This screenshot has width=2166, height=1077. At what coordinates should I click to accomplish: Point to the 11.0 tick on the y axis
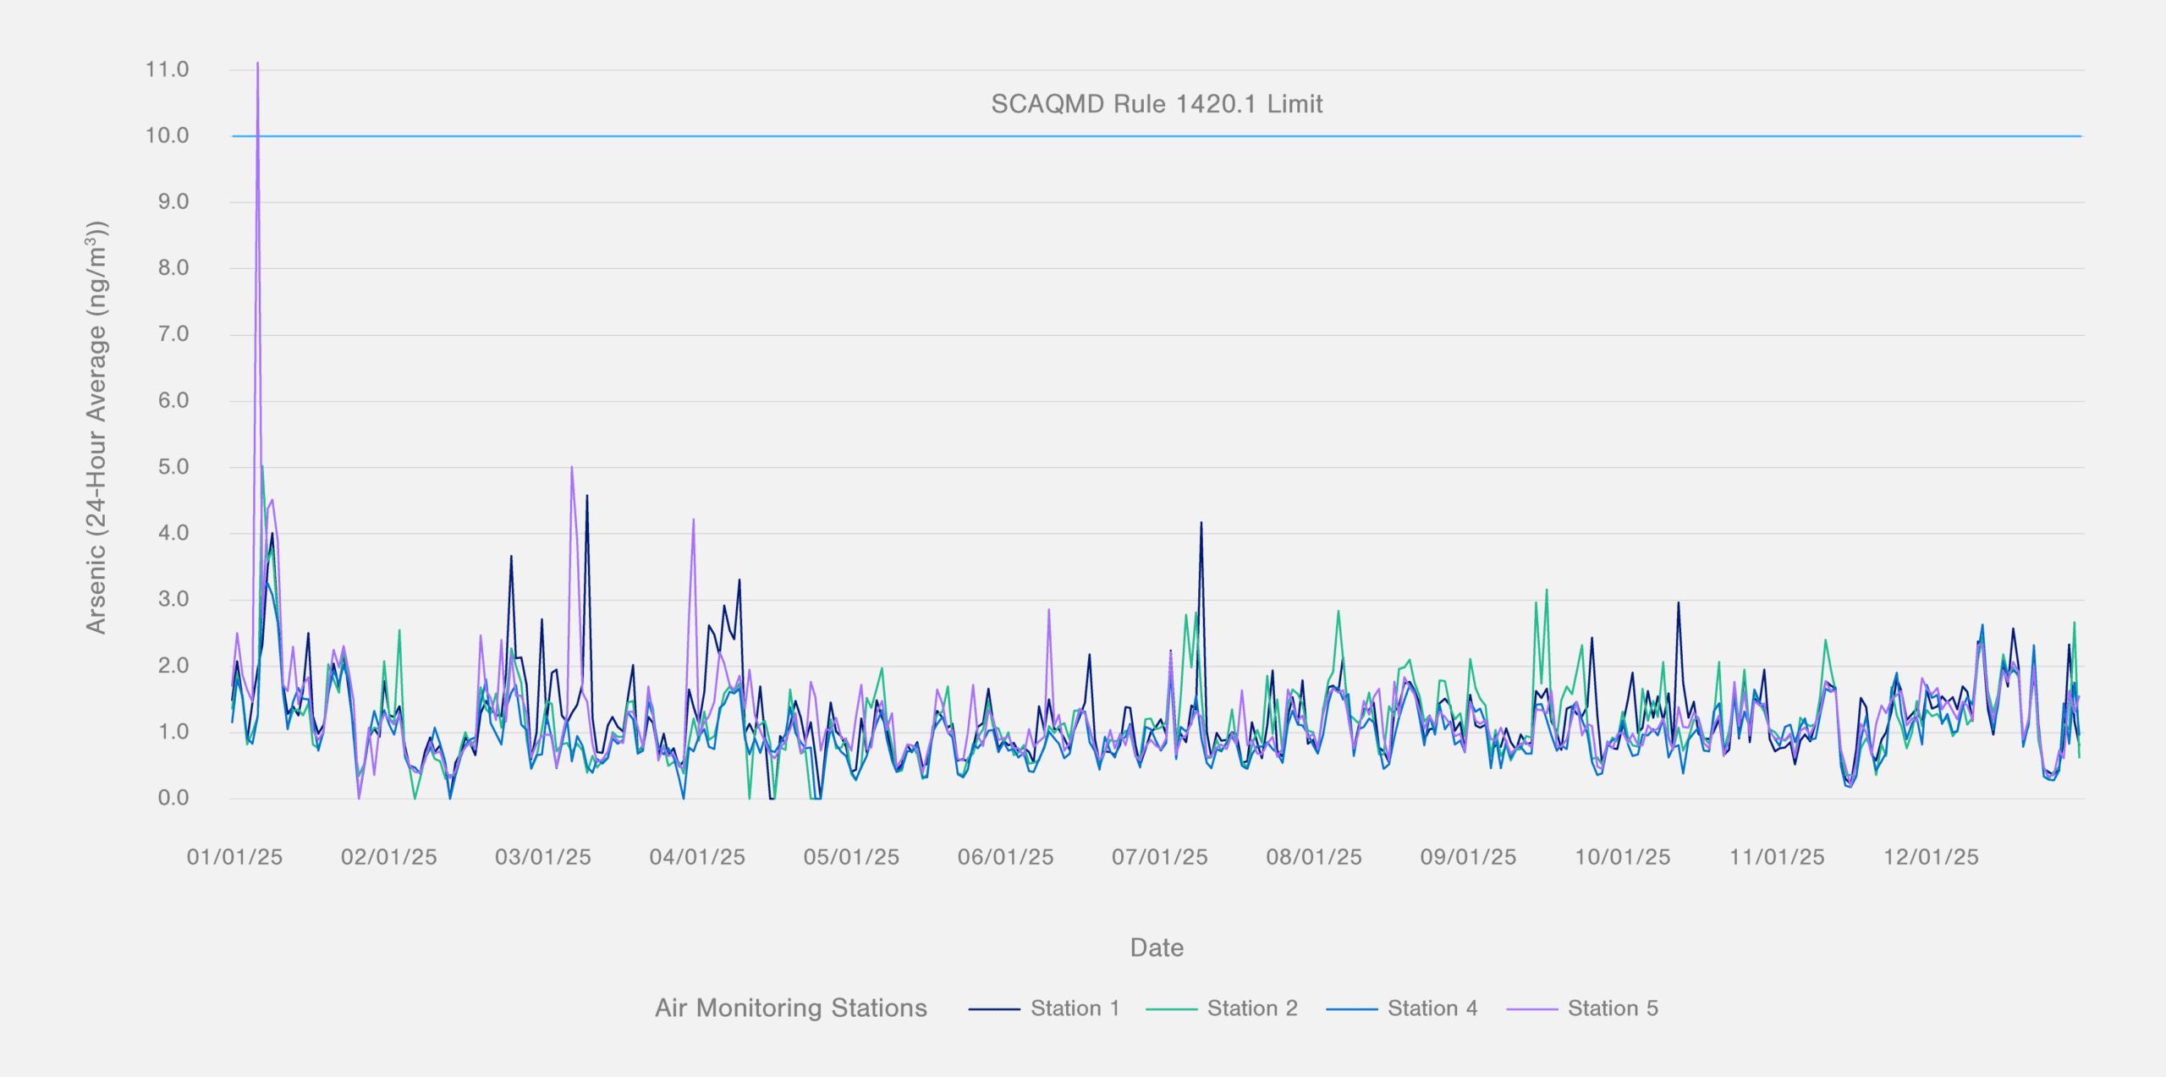click(167, 69)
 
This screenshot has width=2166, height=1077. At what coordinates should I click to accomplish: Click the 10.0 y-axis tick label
click(167, 135)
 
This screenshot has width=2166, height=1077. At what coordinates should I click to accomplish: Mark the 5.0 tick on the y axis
click(173, 467)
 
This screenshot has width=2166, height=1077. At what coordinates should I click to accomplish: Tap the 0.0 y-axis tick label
click(173, 798)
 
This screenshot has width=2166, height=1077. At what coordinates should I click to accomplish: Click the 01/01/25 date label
click(234, 857)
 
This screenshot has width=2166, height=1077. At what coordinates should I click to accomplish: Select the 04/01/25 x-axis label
click(697, 857)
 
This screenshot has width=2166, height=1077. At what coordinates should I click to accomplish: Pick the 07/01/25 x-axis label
click(1159, 857)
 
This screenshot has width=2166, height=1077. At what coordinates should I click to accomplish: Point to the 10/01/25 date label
click(1622, 857)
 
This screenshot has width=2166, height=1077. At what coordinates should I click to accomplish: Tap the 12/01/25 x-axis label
click(1931, 857)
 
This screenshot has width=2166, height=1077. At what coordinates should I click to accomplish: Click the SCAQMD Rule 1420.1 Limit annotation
click(1157, 104)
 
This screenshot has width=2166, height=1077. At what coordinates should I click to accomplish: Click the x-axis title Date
click(1157, 948)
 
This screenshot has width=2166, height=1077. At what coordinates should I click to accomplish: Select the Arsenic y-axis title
click(96, 427)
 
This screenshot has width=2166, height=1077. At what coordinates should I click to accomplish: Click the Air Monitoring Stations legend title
click(790, 1008)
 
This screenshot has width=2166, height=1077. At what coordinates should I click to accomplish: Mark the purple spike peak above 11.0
click(257, 63)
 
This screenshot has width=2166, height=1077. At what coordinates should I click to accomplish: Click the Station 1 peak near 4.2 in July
click(1201, 523)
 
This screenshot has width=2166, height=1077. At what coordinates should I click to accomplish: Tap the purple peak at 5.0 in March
click(572, 467)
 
